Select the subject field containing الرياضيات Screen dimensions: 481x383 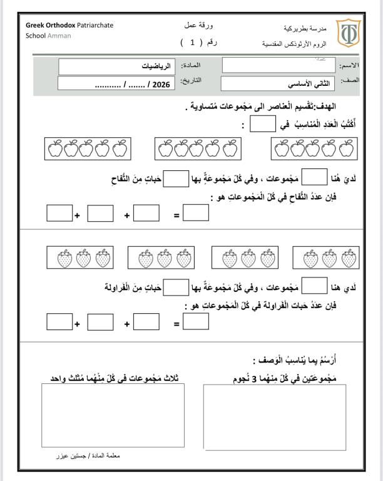117,66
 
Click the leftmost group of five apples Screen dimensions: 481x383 88,150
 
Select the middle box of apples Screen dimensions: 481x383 198,150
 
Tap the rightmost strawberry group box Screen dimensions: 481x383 324,258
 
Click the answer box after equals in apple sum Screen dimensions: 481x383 196,214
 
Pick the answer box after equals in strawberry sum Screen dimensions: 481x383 196,321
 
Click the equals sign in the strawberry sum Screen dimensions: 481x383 176,324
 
